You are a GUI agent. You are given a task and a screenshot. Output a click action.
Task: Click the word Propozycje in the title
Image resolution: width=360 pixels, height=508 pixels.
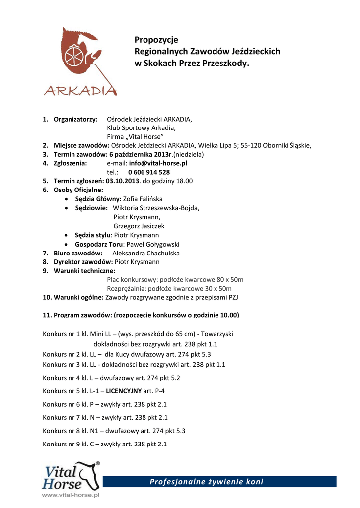(156, 39)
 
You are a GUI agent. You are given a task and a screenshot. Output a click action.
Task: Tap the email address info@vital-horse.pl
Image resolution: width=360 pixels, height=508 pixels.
(158, 163)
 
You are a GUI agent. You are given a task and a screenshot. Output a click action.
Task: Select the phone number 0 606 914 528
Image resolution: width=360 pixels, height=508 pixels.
(145, 172)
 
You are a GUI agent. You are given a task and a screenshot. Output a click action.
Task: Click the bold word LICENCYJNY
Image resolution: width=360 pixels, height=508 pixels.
(124, 391)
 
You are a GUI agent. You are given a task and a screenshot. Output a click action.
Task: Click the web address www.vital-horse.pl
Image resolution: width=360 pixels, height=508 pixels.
(71, 495)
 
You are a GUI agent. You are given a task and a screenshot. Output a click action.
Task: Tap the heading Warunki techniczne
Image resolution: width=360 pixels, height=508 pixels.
(84, 271)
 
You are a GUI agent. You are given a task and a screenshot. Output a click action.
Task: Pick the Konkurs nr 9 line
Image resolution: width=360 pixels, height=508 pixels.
(105, 444)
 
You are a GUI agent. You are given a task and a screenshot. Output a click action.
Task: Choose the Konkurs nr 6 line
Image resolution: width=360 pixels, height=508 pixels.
(105, 404)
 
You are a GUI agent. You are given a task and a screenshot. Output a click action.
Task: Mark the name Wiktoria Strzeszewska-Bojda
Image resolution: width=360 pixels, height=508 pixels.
(156, 208)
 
